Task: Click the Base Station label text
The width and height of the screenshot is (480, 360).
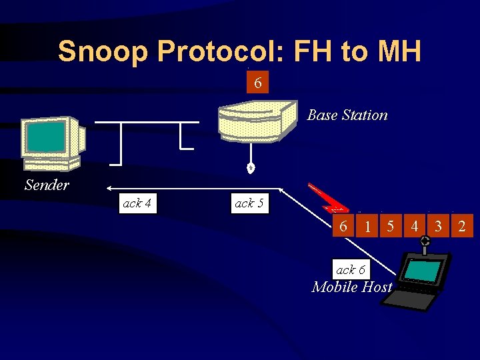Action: point(347,115)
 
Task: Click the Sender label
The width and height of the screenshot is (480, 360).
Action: point(46,185)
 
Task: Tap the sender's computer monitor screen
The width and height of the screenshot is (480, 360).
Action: point(46,137)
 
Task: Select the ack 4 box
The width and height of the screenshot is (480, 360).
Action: point(138,203)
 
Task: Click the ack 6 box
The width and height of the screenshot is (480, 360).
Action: point(350,269)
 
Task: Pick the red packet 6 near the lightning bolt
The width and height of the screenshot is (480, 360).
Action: point(343,226)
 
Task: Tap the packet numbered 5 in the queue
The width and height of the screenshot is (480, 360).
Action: point(391,227)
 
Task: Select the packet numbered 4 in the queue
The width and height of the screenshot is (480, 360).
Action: point(415,227)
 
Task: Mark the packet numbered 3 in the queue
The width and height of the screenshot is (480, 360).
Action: point(438,227)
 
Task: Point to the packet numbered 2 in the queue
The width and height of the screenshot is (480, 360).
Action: point(462,227)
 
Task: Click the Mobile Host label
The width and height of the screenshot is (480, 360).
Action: point(352,287)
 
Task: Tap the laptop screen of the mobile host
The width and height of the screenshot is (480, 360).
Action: point(423,271)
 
